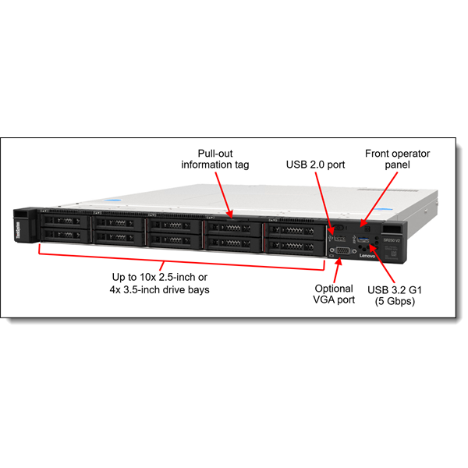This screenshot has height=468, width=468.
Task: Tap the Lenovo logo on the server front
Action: [x=367, y=256]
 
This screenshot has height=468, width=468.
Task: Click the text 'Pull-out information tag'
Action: [x=214, y=159]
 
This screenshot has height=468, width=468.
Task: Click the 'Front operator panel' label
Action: [x=397, y=159]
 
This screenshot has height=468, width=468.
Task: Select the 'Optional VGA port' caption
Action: [x=334, y=294]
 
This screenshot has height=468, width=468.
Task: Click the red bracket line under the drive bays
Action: [x=179, y=258]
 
